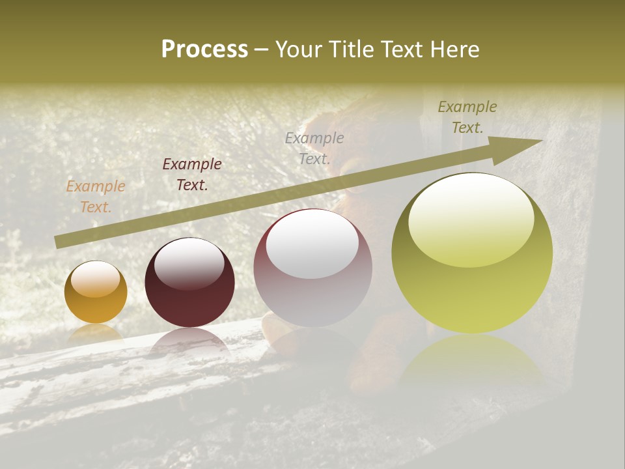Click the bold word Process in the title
click(x=204, y=50)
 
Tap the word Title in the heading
click(x=352, y=50)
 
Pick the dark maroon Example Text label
click(x=192, y=175)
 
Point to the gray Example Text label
click(x=314, y=148)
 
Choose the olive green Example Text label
click(x=467, y=117)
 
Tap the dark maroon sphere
click(x=189, y=283)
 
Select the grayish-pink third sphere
click(x=313, y=268)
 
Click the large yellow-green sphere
click(x=472, y=253)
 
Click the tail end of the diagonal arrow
click(x=60, y=242)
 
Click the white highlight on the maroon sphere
click(x=189, y=264)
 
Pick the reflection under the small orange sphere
click(x=96, y=334)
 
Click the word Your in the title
click(x=298, y=50)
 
